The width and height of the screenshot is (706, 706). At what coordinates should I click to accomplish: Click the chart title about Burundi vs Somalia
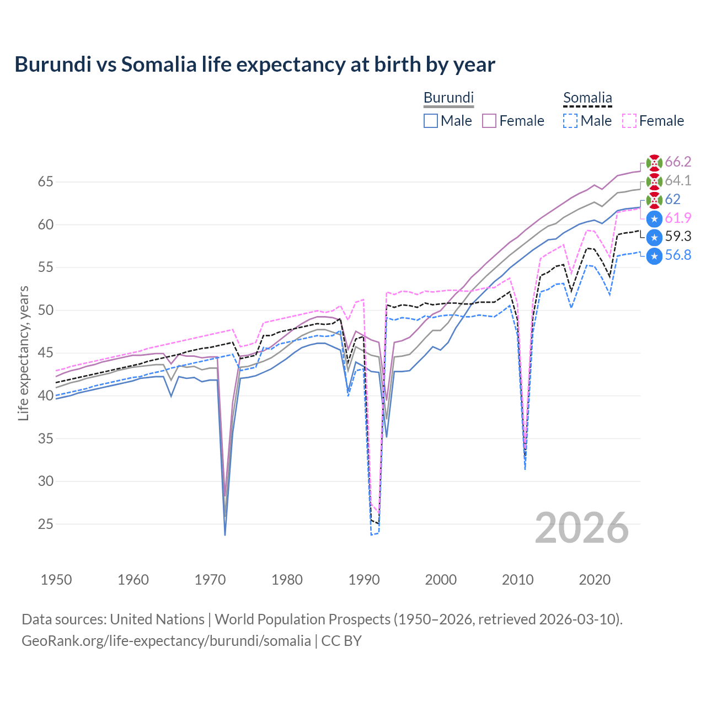[x=255, y=65]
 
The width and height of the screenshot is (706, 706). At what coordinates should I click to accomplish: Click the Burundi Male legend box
[x=431, y=121]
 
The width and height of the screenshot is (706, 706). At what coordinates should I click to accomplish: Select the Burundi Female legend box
[x=490, y=121]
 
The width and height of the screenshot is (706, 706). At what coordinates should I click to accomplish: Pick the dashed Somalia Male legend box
[x=570, y=121]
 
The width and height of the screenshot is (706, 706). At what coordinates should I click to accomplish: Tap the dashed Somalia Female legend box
[x=629, y=121]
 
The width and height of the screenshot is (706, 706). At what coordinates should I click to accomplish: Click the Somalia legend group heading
[x=587, y=98]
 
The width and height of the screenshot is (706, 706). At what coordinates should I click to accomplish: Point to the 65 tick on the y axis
[x=46, y=182]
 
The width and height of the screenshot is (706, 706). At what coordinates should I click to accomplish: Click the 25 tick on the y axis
[x=46, y=524]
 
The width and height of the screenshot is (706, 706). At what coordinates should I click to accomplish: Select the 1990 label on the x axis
[x=364, y=580]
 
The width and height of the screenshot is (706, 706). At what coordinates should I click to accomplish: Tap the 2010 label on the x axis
[x=518, y=580]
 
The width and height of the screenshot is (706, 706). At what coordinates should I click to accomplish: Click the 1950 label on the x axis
[x=56, y=580]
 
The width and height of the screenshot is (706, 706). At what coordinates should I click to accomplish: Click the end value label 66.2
[x=678, y=162]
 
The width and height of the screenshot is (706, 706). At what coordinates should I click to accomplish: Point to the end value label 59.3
[x=678, y=237]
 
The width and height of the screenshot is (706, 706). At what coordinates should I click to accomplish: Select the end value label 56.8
[x=678, y=255]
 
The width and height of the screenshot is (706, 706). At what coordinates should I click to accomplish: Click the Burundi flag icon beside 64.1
[x=654, y=181]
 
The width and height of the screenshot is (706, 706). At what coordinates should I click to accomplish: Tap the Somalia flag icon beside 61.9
[x=654, y=219]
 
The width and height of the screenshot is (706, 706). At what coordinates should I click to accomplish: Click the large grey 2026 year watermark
[x=582, y=528]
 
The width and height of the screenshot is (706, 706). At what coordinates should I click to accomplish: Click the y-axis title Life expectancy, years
[x=23, y=353]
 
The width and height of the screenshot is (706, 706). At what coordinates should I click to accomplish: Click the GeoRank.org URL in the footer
[x=166, y=641]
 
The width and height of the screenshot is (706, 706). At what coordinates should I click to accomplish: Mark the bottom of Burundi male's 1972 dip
[x=225, y=534]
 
